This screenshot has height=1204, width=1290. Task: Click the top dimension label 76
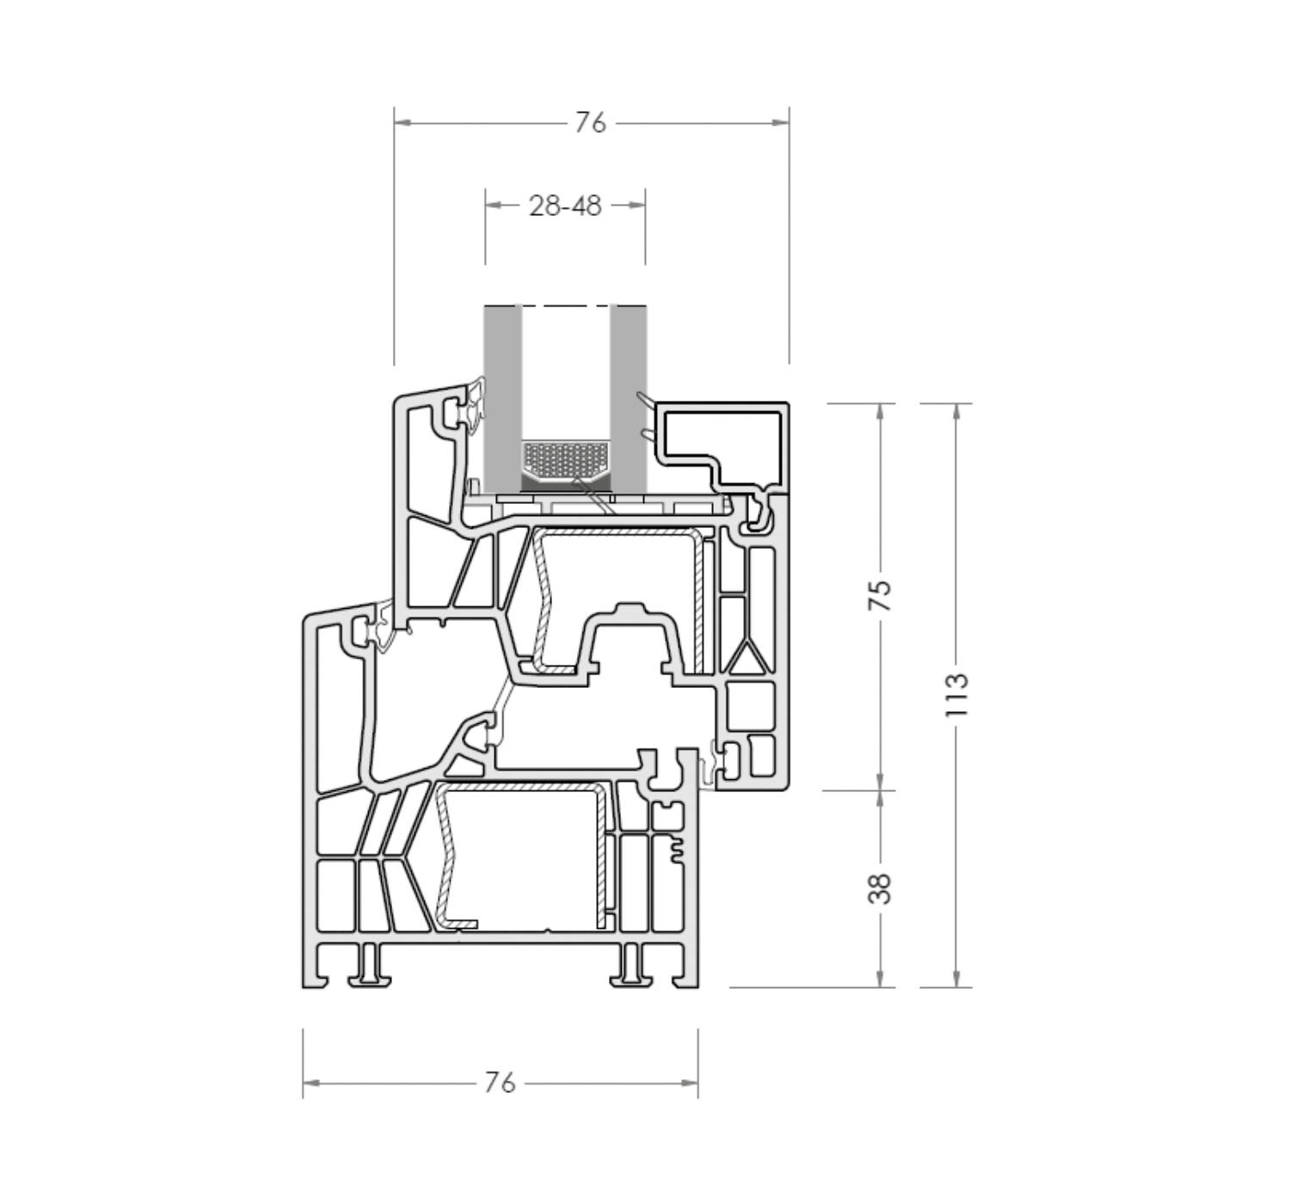click(591, 123)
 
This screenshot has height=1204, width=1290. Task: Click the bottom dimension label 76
click(500, 1083)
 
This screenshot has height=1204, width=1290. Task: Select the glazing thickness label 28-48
click(565, 206)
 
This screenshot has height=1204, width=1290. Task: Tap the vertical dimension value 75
click(881, 595)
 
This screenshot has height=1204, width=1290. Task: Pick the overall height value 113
click(957, 695)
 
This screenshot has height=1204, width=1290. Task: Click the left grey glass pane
click(503, 398)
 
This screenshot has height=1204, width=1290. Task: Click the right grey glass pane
click(628, 398)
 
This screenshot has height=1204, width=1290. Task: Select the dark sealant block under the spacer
click(567, 482)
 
